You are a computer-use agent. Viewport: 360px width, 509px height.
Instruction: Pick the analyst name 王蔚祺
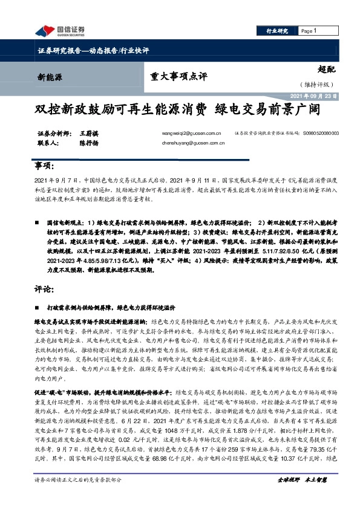pyautogui.click(x=88, y=133)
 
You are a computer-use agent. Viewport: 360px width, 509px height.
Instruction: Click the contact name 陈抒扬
pyautogui.click(x=88, y=144)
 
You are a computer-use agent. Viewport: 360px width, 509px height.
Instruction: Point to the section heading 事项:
pyautogui.click(x=46, y=166)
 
